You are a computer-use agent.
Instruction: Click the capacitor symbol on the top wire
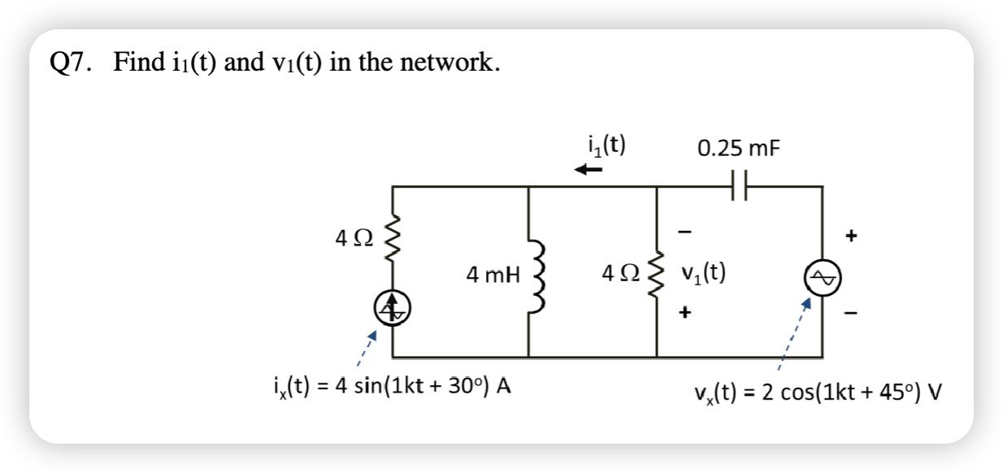(x=737, y=187)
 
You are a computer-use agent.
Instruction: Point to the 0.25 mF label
(x=732, y=149)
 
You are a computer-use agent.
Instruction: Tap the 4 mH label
(x=493, y=275)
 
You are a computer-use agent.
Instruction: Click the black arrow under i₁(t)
(x=588, y=170)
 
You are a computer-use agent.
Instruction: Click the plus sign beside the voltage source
(x=850, y=238)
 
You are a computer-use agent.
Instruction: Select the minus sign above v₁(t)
(x=684, y=233)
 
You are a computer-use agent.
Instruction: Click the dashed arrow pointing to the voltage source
(x=793, y=333)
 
